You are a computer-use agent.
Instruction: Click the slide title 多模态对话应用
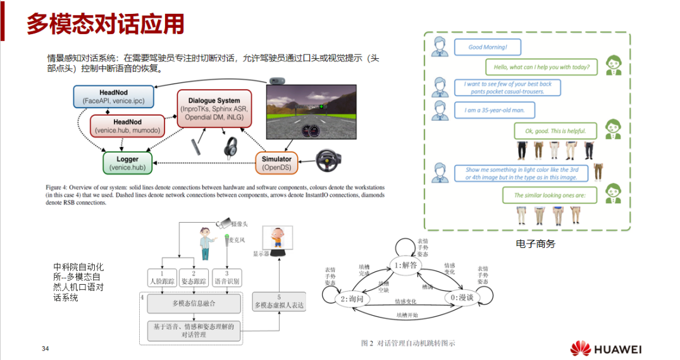click(105, 24)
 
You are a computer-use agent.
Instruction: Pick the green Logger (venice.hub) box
click(128, 163)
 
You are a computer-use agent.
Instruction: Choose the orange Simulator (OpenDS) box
click(277, 163)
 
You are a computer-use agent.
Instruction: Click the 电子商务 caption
click(535, 243)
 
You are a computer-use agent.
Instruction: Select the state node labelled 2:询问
click(353, 298)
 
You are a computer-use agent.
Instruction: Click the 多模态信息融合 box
click(194, 304)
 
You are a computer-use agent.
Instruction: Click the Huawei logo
click(606, 349)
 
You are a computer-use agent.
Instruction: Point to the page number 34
click(45, 349)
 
